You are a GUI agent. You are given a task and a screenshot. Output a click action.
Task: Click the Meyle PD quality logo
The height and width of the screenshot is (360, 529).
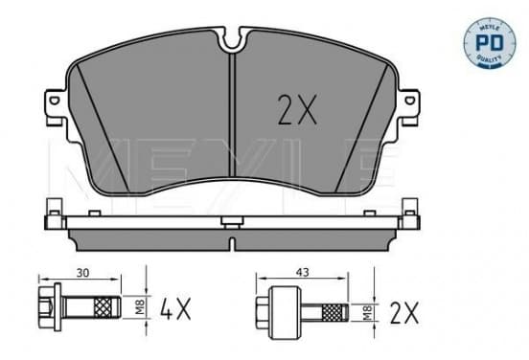click(490, 43)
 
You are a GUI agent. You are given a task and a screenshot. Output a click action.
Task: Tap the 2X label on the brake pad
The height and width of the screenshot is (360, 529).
click(297, 109)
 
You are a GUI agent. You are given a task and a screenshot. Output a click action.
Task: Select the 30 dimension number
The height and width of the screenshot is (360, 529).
click(82, 273)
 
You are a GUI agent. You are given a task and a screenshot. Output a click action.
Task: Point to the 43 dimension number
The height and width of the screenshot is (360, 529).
click(302, 272)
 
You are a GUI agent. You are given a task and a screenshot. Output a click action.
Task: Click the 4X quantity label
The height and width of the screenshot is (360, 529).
click(175, 308)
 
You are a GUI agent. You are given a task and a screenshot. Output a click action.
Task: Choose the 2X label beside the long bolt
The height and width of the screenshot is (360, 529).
click(404, 313)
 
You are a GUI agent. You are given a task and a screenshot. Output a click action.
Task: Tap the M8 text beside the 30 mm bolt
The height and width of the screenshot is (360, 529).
click(140, 307)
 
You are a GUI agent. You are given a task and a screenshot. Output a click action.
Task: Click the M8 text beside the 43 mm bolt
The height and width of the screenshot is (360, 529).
click(367, 312)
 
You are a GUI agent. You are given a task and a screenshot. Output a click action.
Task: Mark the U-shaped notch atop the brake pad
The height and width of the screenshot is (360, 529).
click(232, 38)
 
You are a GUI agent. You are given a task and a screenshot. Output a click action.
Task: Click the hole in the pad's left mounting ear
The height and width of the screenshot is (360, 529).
click(54, 101)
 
